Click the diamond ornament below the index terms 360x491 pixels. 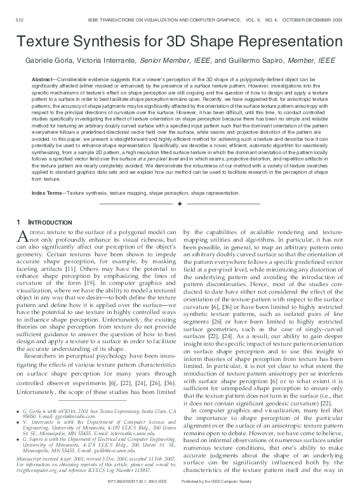[x=180, y=187]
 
